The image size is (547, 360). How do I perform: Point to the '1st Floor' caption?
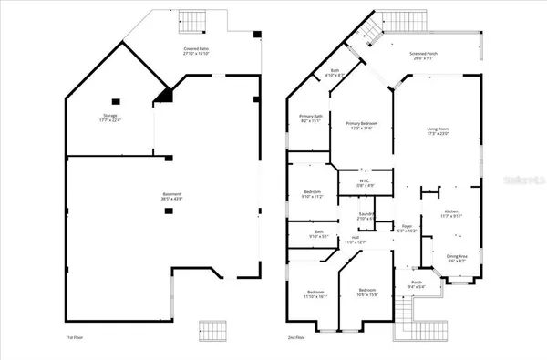(x=77, y=337)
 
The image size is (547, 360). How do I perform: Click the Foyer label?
(x=408, y=230)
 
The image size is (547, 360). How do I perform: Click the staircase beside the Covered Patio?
(x=192, y=19)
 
